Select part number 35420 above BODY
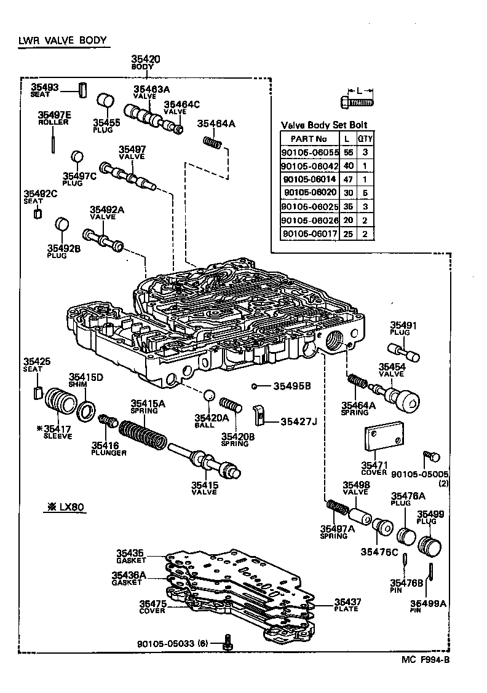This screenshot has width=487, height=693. [x=145, y=59]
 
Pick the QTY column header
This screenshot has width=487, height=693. [x=365, y=139]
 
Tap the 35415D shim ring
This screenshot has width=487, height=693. [x=87, y=409]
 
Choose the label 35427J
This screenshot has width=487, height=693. [x=298, y=421]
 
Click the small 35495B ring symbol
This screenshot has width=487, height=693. [x=253, y=386]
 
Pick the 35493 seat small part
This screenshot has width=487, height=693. [x=80, y=89]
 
